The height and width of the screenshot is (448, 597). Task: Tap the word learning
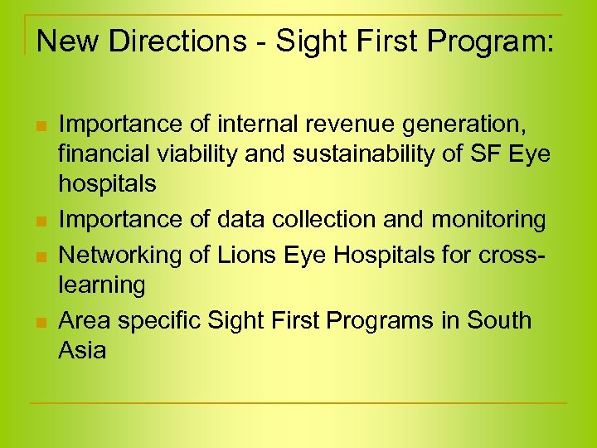click(x=101, y=285)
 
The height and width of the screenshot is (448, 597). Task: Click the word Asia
click(x=82, y=349)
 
